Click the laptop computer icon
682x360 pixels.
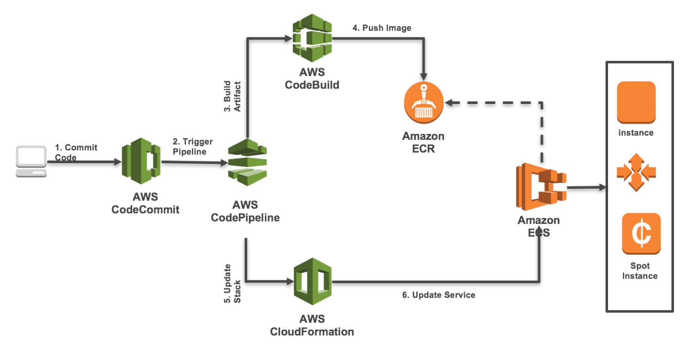[31, 161]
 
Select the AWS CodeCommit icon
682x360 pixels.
[141, 161]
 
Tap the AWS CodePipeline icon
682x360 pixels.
[247, 162]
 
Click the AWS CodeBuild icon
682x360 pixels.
[312, 38]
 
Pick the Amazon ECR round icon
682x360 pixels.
[423, 103]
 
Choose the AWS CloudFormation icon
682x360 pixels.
[312, 281]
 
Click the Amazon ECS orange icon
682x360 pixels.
[541, 187]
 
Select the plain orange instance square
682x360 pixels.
[636, 103]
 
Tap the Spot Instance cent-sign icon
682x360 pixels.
[641, 233]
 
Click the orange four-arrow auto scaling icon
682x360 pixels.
[636, 172]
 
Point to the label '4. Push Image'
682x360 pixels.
[381, 28]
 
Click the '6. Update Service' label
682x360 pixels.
[438, 295]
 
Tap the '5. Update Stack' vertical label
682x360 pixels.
[232, 283]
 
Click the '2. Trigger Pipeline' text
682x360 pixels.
[192, 147]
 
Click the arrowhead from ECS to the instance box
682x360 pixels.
[602, 187]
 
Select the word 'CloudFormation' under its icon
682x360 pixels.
[312, 332]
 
